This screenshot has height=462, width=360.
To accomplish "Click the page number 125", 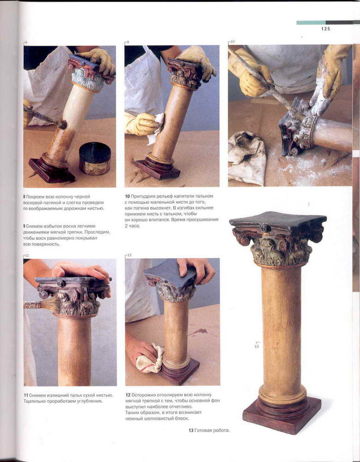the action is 326,29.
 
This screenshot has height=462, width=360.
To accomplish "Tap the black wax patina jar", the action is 95,158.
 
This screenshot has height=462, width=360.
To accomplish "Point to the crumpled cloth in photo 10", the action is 247,158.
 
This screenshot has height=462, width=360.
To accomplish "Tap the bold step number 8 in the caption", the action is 24,196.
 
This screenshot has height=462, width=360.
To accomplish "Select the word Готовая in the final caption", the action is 203,431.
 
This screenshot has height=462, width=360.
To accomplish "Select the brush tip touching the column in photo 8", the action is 62,125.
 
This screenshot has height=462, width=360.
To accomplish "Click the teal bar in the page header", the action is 311,22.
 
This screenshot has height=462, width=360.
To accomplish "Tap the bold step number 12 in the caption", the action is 128,395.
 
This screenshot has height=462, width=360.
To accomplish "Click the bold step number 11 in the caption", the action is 26,395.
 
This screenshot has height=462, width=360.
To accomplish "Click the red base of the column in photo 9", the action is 158,169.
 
